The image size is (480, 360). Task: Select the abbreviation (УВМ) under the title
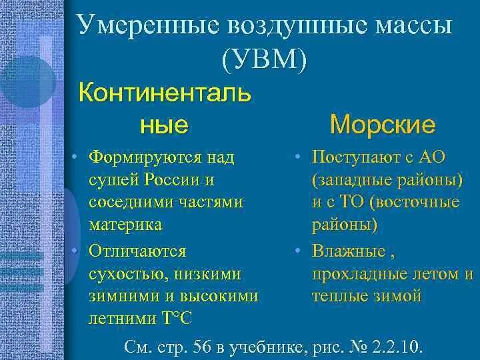265,61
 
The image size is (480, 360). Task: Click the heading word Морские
383,124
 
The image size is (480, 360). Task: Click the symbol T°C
176,317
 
